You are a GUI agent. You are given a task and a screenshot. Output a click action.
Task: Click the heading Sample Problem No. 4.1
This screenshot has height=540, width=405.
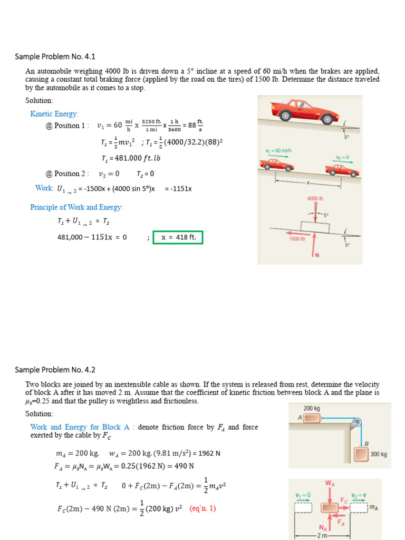55,56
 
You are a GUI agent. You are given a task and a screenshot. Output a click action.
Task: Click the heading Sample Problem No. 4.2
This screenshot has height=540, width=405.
55,370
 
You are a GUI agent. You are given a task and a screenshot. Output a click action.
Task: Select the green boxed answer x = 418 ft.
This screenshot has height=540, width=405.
178,237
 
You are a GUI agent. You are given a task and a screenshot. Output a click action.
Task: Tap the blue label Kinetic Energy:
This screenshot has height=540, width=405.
54,114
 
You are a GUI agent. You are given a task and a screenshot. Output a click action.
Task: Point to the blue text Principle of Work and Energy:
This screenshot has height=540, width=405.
76,207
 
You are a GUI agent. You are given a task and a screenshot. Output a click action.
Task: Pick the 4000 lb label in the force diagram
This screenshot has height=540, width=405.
315,199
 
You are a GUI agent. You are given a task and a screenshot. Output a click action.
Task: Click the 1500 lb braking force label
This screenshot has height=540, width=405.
297,239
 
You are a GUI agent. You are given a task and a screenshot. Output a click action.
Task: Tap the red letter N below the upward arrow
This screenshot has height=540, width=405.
317,255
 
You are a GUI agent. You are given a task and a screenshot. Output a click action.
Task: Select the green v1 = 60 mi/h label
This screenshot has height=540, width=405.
278,151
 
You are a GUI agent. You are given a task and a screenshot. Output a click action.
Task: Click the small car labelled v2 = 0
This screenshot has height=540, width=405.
342,170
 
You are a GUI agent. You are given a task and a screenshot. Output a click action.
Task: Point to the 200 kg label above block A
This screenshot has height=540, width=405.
312,408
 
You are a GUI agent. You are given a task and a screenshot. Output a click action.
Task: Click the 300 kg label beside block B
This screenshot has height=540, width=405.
379,454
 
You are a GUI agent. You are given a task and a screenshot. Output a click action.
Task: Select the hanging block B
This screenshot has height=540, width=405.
361,454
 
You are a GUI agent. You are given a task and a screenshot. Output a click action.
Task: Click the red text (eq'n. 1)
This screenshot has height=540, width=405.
203,508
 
